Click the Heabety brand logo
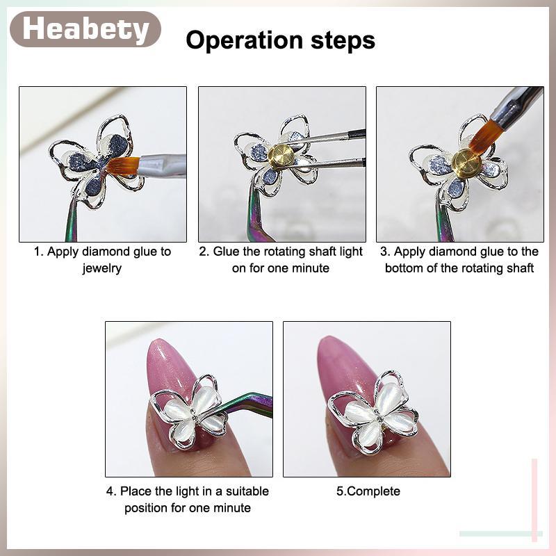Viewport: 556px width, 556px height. tap(85, 29)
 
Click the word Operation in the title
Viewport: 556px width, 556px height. tap(245, 40)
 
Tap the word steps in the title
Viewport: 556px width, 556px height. tap(343, 41)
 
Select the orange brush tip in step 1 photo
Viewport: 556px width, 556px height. tap(121, 167)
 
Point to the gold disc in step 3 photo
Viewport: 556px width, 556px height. tap(466, 162)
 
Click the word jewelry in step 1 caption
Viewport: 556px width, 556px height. tap(102, 268)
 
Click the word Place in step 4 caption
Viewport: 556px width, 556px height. tap(136, 491)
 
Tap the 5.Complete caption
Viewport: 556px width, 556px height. tap(368, 491)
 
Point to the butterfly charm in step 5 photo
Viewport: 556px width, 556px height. tap(373, 411)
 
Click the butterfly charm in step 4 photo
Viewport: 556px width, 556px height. tap(188, 412)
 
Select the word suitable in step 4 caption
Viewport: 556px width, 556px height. tap(247, 491)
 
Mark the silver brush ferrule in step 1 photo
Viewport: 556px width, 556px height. tap(162, 164)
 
